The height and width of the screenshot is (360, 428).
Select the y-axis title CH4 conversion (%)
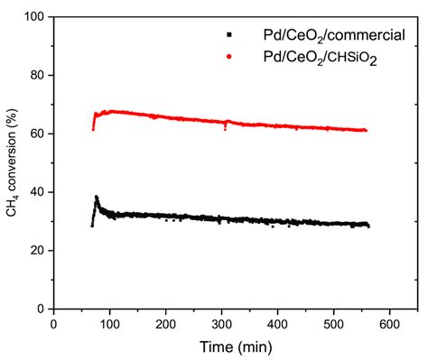point(12,162)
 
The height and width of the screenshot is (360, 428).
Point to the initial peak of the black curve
point(97,197)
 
